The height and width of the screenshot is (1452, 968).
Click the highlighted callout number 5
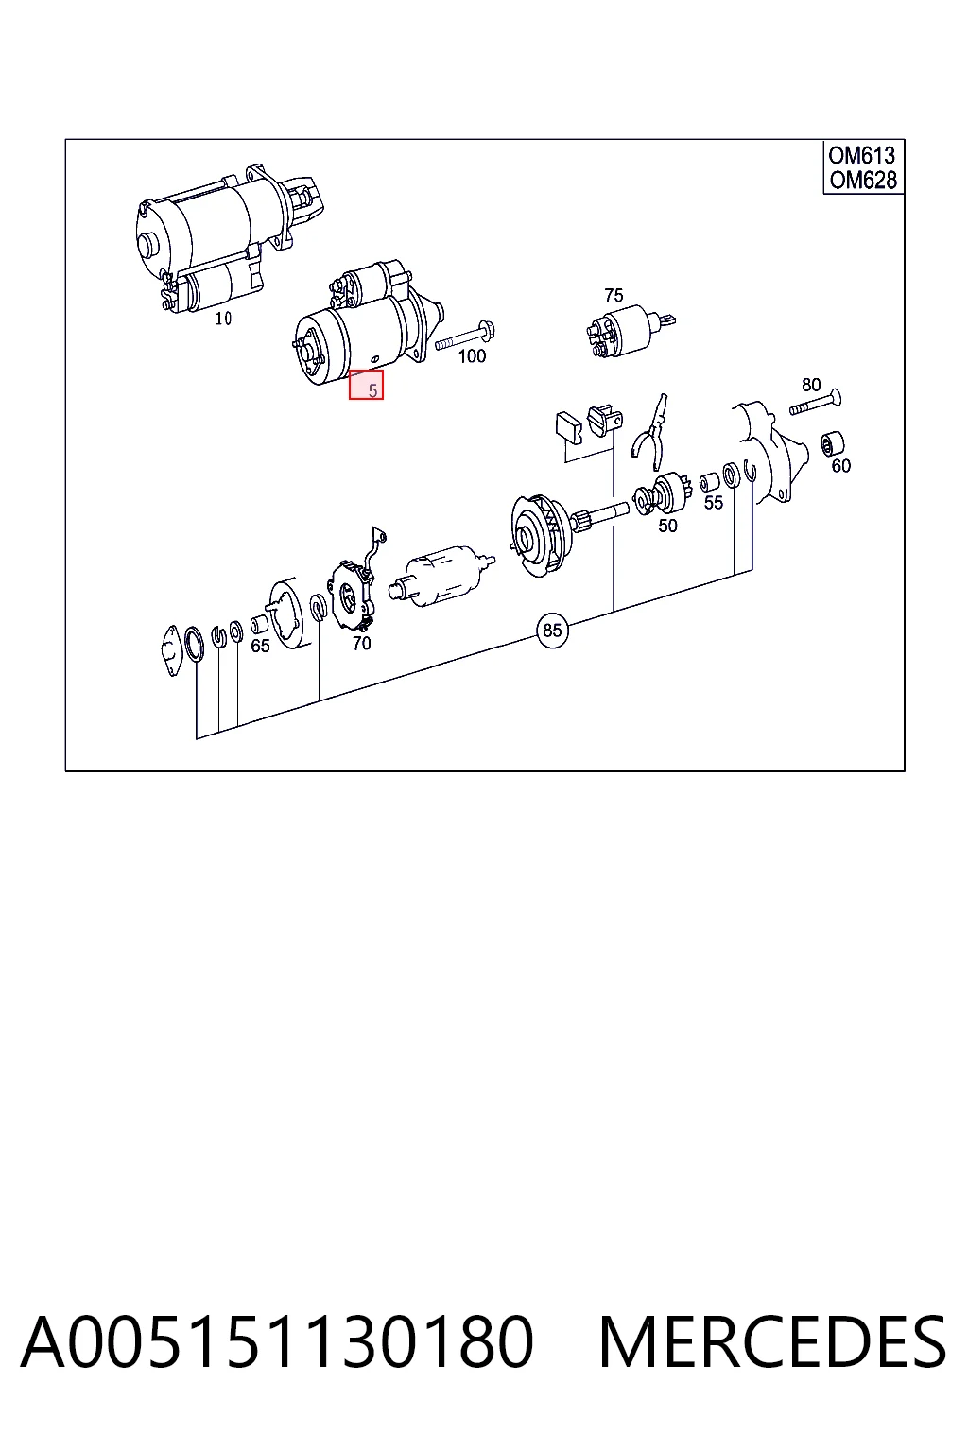click(x=372, y=390)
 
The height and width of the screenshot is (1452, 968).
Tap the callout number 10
click(x=223, y=319)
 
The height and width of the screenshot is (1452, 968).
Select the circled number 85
click(x=552, y=631)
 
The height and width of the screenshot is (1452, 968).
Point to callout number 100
click(x=472, y=355)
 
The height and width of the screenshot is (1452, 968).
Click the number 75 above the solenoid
click(x=614, y=296)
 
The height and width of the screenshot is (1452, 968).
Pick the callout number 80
click(x=811, y=385)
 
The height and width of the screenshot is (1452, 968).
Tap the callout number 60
click(x=841, y=465)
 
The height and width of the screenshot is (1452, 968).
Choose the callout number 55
click(x=713, y=502)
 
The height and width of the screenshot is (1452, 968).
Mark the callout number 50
click(x=667, y=526)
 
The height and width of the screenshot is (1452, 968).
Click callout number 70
click(x=362, y=643)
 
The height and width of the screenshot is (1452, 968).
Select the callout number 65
click(x=260, y=646)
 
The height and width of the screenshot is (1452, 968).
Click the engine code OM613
click(x=862, y=156)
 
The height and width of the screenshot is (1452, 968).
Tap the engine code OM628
click(x=862, y=180)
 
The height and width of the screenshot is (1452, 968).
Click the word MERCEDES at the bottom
click(x=772, y=1342)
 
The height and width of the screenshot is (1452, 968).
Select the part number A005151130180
click(x=277, y=1342)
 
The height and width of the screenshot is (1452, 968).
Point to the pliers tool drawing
click(x=650, y=431)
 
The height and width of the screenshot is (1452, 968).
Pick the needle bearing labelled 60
click(x=832, y=443)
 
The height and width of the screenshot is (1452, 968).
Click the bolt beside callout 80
click(x=817, y=403)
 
